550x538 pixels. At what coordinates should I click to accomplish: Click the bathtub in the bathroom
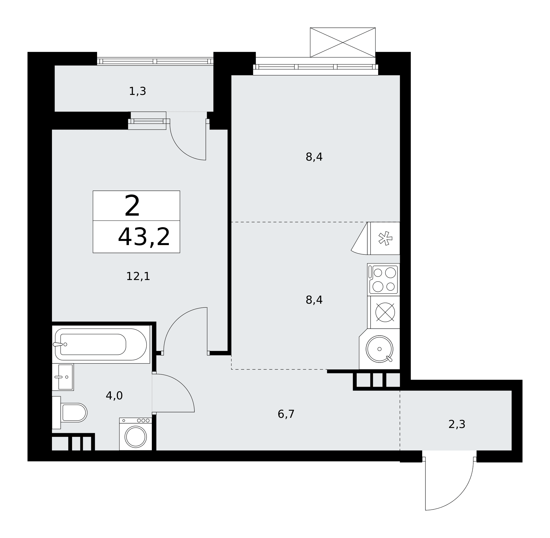[101, 344]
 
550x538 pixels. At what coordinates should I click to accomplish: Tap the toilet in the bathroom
[70, 413]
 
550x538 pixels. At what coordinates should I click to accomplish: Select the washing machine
[136, 434]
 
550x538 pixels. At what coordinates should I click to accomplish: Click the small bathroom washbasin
[63, 377]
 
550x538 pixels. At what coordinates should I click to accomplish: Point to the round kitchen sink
[380, 349]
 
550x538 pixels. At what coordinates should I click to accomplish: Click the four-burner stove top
[383, 280]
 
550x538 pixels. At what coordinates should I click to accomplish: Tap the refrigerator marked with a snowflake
[385, 238]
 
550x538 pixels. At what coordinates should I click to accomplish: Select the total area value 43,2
[144, 237]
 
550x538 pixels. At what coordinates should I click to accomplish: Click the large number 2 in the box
[132, 206]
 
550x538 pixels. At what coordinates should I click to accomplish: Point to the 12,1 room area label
[138, 276]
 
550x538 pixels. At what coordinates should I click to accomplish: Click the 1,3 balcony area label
[137, 91]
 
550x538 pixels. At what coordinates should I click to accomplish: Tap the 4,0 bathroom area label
[114, 396]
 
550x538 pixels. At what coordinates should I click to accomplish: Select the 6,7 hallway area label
[286, 414]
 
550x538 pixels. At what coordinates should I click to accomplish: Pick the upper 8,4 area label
[314, 157]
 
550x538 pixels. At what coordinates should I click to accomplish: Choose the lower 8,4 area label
[314, 300]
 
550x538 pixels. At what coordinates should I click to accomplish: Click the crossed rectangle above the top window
[343, 42]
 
